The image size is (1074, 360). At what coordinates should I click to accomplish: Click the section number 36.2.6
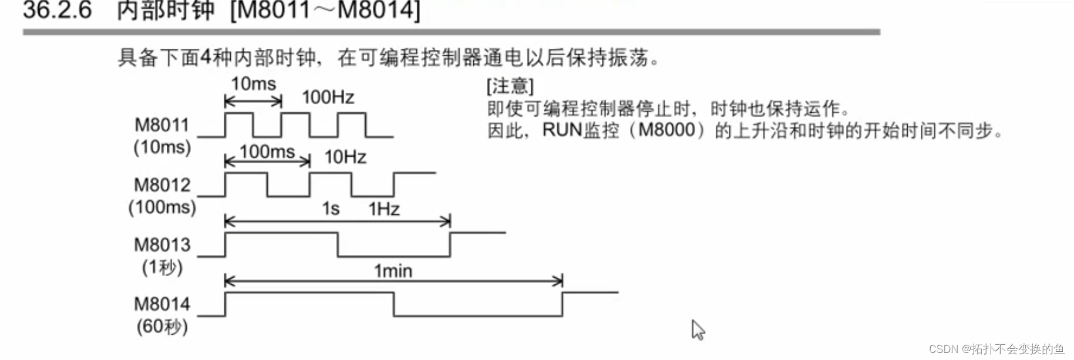click(x=57, y=11)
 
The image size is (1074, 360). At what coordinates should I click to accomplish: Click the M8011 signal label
click(x=161, y=125)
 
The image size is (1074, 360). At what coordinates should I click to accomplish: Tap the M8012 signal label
click(x=162, y=184)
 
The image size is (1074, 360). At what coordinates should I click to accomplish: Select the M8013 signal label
click(x=162, y=244)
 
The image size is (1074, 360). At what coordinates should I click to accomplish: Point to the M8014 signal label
click(x=162, y=304)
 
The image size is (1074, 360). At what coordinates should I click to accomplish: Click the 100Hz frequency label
click(x=328, y=97)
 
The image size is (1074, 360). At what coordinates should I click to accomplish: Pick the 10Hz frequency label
click(x=345, y=157)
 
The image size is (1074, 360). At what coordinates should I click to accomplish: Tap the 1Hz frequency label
click(x=384, y=209)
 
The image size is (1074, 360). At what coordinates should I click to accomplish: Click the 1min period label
click(x=393, y=271)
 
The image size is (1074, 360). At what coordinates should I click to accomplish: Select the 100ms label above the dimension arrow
click(x=267, y=152)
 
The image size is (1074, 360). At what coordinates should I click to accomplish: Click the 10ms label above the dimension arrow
click(x=253, y=84)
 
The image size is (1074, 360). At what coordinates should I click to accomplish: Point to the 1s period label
click(x=331, y=209)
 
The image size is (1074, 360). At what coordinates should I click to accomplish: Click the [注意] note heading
click(x=510, y=86)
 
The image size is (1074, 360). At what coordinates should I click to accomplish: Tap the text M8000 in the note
click(x=666, y=130)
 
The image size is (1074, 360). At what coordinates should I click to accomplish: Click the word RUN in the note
click(x=561, y=130)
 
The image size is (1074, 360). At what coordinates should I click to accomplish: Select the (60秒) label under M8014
click(x=162, y=326)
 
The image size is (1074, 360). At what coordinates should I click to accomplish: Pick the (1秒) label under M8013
click(x=162, y=267)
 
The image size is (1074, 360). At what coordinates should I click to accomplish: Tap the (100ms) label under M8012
click(x=162, y=207)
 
